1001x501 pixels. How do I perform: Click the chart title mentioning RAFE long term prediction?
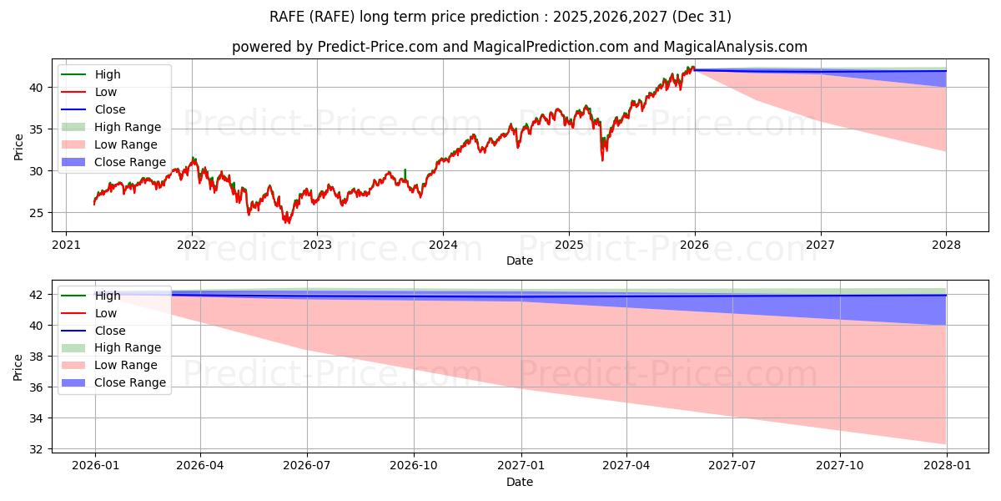click(x=500, y=17)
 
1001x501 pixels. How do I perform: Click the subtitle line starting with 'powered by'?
click(x=519, y=48)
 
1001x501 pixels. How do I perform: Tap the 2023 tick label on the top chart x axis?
click(x=317, y=245)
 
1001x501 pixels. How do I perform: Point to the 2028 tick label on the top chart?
click(x=946, y=245)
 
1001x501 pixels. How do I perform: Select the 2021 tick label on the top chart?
click(x=66, y=245)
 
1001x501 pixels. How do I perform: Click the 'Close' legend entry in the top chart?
click(x=110, y=109)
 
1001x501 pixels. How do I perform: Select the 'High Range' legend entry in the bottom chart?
click(x=128, y=347)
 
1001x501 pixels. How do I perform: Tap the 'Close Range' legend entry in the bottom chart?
click(x=129, y=382)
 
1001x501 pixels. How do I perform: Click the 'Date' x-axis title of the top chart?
click(x=519, y=261)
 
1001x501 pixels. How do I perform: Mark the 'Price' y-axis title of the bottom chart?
click(x=18, y=366)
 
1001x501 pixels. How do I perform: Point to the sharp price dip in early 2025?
click(x=602, y=159)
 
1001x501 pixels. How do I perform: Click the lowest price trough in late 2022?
click(x=287, y=222)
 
